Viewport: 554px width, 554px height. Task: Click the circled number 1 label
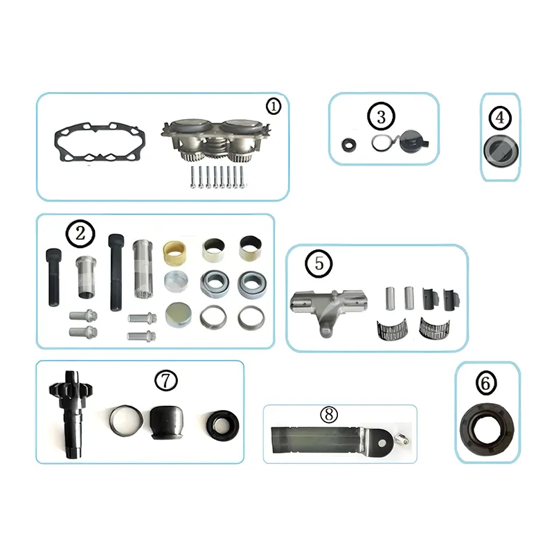274,107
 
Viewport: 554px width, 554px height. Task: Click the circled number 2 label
80,233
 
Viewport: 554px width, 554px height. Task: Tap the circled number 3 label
381,116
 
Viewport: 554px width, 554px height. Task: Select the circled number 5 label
319,263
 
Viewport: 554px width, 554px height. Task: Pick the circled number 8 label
328,415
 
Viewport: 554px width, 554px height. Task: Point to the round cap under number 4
499,150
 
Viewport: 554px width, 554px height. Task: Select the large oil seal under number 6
488,425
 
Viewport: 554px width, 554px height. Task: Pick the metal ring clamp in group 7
125,418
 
